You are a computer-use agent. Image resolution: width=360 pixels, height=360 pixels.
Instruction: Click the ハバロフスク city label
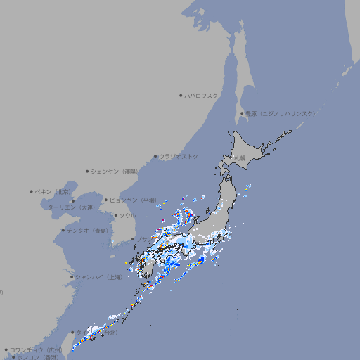[x=201, y=95]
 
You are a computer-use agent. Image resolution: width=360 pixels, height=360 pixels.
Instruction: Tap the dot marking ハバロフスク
[x=181, y=95]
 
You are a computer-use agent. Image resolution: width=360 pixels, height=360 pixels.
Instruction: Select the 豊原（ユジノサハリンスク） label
[x=281, y=113]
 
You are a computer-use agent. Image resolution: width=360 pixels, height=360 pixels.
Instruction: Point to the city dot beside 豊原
[x=242, y=113]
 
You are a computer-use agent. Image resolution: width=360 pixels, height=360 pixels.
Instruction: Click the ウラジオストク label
[x=179, y=156]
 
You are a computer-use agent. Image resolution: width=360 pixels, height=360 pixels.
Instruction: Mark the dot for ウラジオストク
[x=155, y=156]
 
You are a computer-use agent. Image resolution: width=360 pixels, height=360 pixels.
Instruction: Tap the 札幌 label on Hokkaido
[x=240, y=158]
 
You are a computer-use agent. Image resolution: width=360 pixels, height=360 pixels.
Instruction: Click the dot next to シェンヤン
[x=88, y=171]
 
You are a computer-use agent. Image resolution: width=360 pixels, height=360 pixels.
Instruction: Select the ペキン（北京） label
[x=53, y=191]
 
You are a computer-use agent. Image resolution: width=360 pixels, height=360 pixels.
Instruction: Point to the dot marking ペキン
[x=32, y=191]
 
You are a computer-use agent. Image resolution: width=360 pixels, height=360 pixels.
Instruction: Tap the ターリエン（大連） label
[x=70, y=208]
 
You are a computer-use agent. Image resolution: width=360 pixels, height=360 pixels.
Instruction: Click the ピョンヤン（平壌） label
[x=134, y=200]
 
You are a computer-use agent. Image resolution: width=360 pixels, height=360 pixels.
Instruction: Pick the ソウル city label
[x=127, y=216]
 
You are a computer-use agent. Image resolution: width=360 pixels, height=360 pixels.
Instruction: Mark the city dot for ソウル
[x=115, y=216]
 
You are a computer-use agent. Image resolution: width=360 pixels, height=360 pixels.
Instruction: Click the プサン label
[x=141, y=240]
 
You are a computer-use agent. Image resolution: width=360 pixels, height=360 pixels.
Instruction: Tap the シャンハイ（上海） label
[x=98, y=277]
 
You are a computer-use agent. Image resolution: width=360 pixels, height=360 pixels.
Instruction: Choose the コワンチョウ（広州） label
[x=36, y=349]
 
